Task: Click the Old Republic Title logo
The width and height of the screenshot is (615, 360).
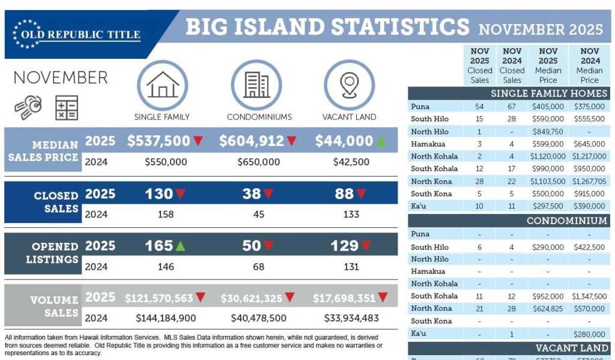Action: (x=77, y=34)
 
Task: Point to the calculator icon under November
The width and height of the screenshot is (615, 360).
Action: (x=67, y=108)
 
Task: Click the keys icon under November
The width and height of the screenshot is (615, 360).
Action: (x=29, y=107)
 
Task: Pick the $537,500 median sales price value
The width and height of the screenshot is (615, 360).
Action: (x=159, y=141)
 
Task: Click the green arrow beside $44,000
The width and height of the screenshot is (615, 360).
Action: (x=381, y=141)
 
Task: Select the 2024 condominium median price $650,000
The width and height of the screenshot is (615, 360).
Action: (x=258, y=162)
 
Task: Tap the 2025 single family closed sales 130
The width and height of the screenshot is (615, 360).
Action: (x=159, y=194)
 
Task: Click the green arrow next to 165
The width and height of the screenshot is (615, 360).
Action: (x=181, y=245)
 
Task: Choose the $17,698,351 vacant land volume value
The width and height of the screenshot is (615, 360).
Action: (x=344, y=298)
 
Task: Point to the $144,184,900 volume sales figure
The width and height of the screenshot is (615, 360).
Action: (x=166, y=318)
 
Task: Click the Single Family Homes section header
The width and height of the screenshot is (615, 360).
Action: (x=549, y=94)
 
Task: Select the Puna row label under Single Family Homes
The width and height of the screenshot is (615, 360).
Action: (x=420, y=107)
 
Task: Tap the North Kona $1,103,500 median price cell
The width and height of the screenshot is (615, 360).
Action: (x=548, y=182)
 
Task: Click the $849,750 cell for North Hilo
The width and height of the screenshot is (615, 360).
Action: (x=548, y=132)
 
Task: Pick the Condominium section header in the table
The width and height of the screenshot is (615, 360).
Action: (x=567, y=221)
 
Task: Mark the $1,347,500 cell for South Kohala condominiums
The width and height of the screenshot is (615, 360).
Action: (x=589, y=296)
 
